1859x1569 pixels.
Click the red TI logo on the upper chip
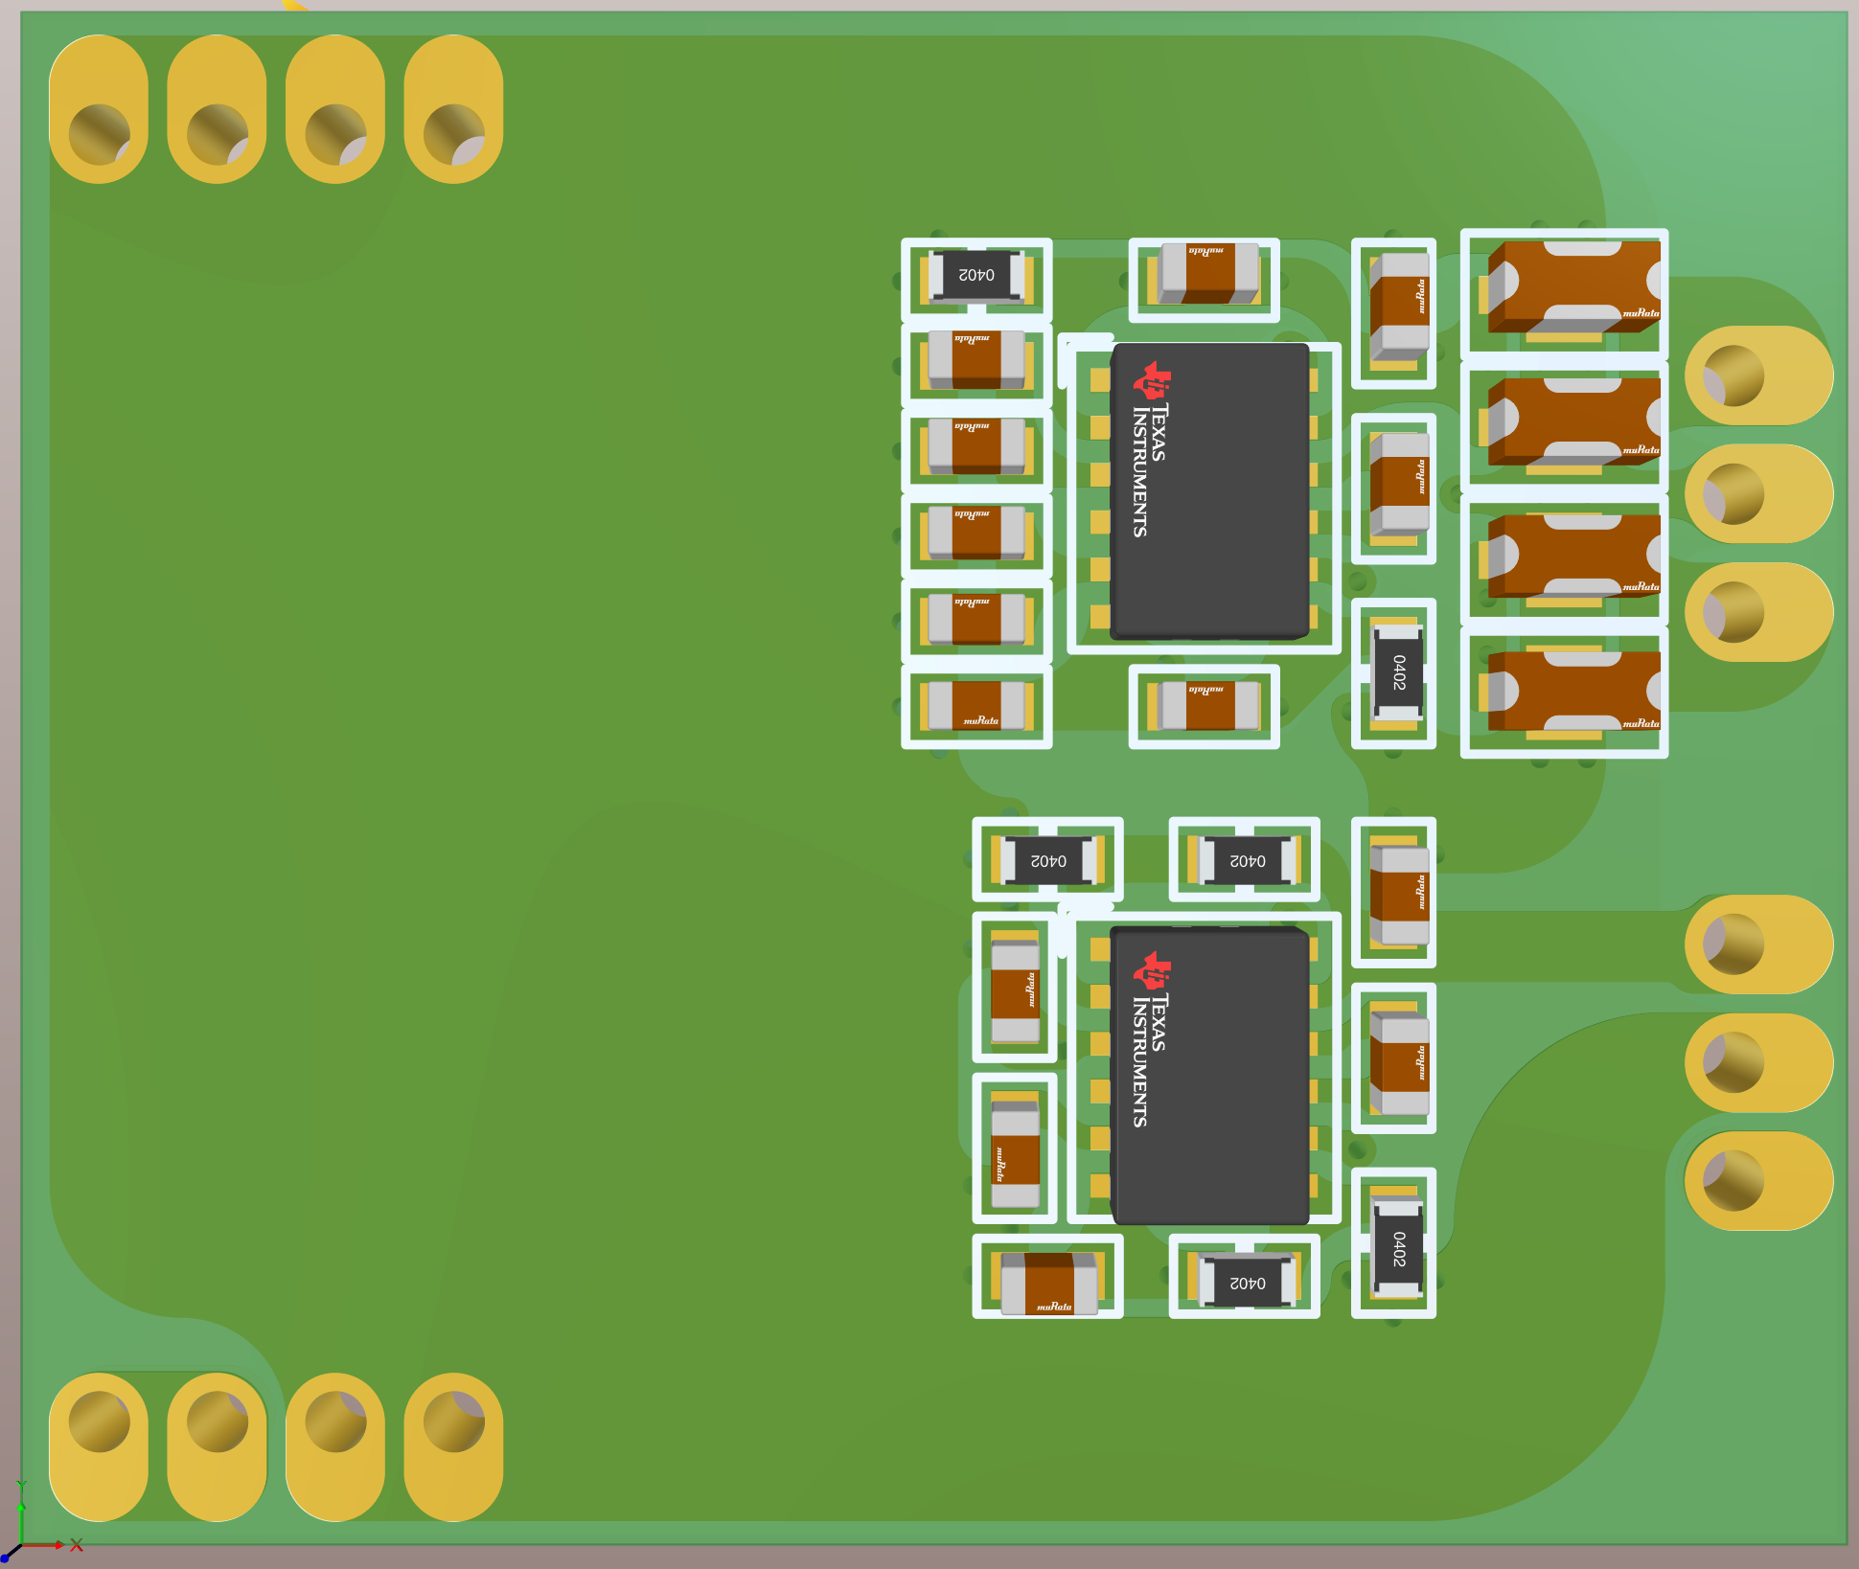point(1152,380)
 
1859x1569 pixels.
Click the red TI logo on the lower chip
point(1152,970)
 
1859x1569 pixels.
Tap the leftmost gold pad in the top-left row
point(99,109)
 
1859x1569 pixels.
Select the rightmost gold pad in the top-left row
point(453,109)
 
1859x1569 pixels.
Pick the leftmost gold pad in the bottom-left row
point(99,1446)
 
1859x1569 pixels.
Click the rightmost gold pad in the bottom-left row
point(453,1446)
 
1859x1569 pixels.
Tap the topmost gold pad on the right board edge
point(1758,375)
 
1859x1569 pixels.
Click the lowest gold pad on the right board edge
point(1758,1180)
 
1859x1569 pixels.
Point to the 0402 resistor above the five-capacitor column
point(976,275)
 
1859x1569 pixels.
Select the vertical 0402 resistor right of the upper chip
point(1397,672)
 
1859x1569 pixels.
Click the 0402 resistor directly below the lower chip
point(1246,1281)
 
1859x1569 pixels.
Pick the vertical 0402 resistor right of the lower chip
point(1397,1247)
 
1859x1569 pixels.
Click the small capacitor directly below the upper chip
point(1207,706)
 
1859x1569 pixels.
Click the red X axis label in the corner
point(77,1545)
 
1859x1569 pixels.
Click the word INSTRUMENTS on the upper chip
point(1140,471)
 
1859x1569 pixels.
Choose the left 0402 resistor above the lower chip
point(1047,860)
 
